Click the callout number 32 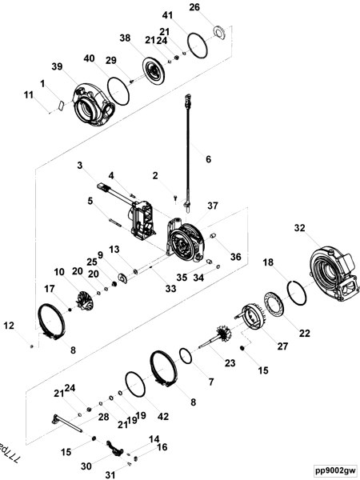tap(300, 228)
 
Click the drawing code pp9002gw tap(334, 471)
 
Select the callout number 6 tap(208, 159)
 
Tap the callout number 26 tap(194, 7)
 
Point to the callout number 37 tap(213, 206)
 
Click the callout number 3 tap(80, 165)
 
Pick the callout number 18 tap(270, 262)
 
